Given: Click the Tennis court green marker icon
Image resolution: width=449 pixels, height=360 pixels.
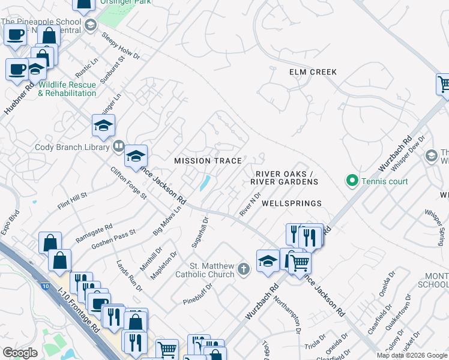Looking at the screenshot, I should tap(352, 181).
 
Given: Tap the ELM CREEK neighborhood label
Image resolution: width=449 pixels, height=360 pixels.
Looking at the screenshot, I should tap(313, 72).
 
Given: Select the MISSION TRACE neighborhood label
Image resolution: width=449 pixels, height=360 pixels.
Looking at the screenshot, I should tap(208, 161).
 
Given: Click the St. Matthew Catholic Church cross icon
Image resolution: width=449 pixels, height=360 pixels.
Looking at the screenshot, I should tap(244, 268).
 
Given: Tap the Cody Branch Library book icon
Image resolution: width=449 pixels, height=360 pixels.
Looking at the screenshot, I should tap(119, 146).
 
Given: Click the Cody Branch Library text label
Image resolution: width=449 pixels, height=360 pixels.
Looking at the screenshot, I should tap(73, 147).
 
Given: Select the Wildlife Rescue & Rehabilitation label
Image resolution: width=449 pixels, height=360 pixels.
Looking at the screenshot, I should tap(67, 89).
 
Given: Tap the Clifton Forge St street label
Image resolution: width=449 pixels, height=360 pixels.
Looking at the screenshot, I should tap(129, 183).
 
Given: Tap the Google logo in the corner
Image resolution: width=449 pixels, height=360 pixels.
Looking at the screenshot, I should tap(20, 353).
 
